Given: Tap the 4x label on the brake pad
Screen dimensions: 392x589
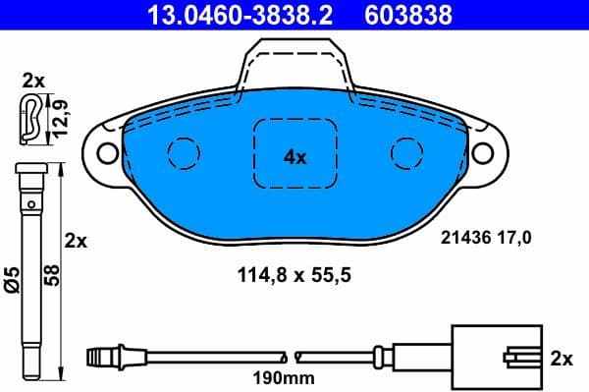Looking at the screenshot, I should tap(295, 155).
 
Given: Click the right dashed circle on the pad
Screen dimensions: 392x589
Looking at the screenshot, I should tap(405, 151).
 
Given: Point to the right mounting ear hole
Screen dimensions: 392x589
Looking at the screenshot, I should tap(483, 152).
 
